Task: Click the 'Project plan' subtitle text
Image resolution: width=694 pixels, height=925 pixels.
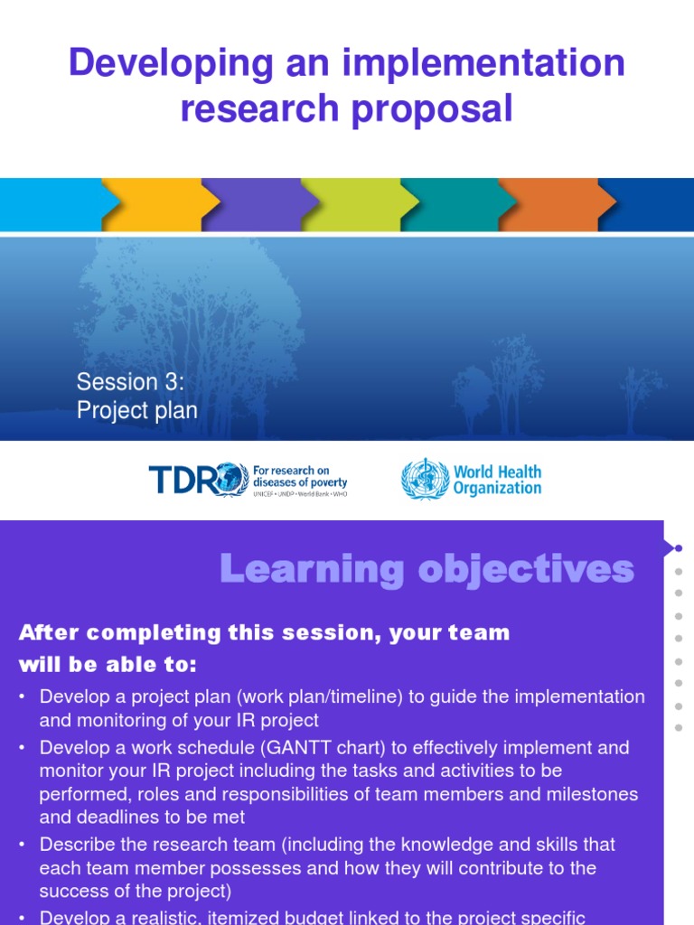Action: (x=136, y=410)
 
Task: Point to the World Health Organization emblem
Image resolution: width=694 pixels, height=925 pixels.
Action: (x=424, y=479)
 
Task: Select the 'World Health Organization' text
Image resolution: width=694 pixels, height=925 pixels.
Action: (x=497, y=480)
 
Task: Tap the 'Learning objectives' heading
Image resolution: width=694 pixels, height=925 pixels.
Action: (x=427, y=569)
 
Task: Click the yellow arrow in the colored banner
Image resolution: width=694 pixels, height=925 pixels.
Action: (x=154, y=204)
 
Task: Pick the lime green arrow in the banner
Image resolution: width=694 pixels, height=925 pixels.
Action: (x=352, y=204)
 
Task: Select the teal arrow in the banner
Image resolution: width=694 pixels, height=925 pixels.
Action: (x=452, y=204)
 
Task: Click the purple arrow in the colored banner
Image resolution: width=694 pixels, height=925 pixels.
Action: (x=253, y=204)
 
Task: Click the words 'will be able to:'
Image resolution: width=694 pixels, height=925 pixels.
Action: (x=108, y=665)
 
